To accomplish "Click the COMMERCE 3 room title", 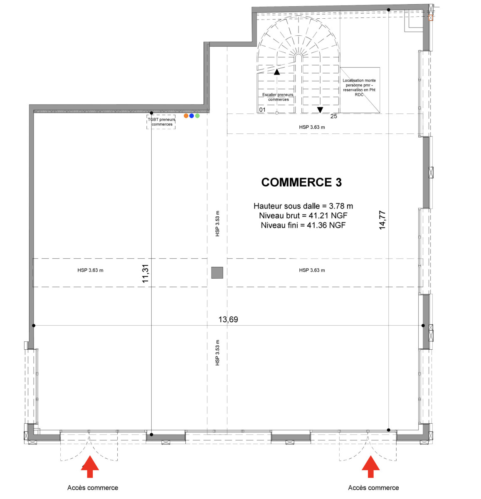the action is coord(301,182).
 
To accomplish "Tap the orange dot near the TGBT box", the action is coord(186,116).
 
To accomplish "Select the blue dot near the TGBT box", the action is coord(192,116).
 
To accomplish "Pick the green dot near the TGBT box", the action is coord(197,116).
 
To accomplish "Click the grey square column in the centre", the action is coord(217,272).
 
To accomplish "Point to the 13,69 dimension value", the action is coord(228,319).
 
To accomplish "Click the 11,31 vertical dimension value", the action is coord(146,274).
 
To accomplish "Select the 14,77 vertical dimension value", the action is coord(382,220).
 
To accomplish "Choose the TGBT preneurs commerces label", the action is coord(162,122).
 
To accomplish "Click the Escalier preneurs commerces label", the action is coord(278,97).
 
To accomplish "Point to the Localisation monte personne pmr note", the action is coord(359,87).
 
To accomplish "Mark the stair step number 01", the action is coord(262,110).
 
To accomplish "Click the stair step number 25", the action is coord(333,116).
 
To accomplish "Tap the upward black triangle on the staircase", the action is coord(276,72).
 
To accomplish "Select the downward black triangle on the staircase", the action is coord(320,110).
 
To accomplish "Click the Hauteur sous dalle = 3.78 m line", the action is coord(303,206).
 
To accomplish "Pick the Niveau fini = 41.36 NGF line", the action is coord(303,225).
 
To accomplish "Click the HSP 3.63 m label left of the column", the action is coord(90,270).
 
